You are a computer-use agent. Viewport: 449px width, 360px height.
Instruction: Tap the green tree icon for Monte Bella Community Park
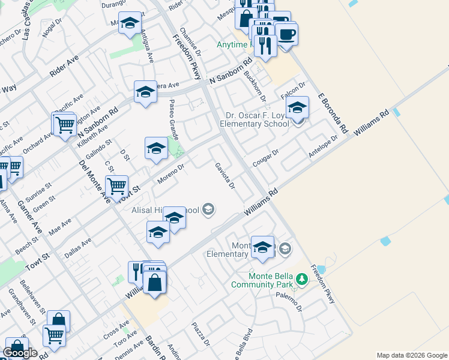[303, 278]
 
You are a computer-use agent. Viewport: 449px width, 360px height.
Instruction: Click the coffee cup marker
[287, 34]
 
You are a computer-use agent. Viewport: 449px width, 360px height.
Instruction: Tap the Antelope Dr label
[324, 146]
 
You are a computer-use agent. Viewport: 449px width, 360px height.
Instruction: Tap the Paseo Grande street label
[173, 119]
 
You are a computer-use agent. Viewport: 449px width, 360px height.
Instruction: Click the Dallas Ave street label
[78, 248]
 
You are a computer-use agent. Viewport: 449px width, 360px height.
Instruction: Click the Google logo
[20, 353]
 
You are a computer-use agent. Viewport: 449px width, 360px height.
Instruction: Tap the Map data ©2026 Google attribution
[412, 355]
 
